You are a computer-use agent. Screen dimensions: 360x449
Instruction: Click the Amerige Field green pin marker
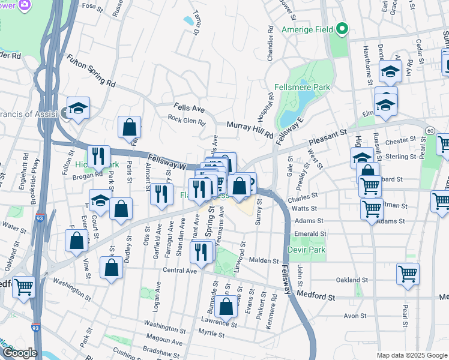click(342, 28)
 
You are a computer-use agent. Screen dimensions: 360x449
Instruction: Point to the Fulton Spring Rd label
click(91, 71)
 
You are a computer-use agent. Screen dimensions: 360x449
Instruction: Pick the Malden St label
click(264, 261)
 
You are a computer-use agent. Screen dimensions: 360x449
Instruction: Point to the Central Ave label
click(180, 271)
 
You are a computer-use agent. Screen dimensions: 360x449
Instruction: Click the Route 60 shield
click(430, 130)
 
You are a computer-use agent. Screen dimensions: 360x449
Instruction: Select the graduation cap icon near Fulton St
click(78, 109)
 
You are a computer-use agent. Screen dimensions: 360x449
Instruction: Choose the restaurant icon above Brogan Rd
click(99, 157)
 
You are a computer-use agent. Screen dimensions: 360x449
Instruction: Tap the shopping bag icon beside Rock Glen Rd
click(129, 127)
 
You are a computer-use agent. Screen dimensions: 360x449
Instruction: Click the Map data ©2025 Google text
click(411, 355)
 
